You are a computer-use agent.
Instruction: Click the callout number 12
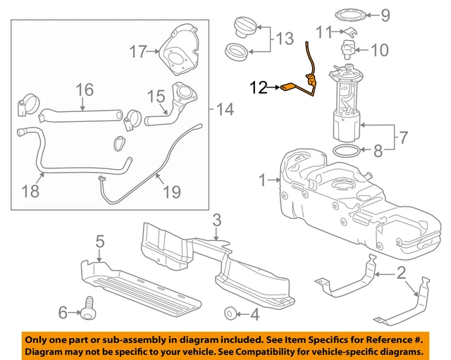[x=258, y=88]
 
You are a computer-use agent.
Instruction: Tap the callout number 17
[x=139, y=50]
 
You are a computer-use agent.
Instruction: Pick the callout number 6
[x=63, y=310]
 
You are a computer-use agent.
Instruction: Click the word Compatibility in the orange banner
[x=264, y=351]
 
